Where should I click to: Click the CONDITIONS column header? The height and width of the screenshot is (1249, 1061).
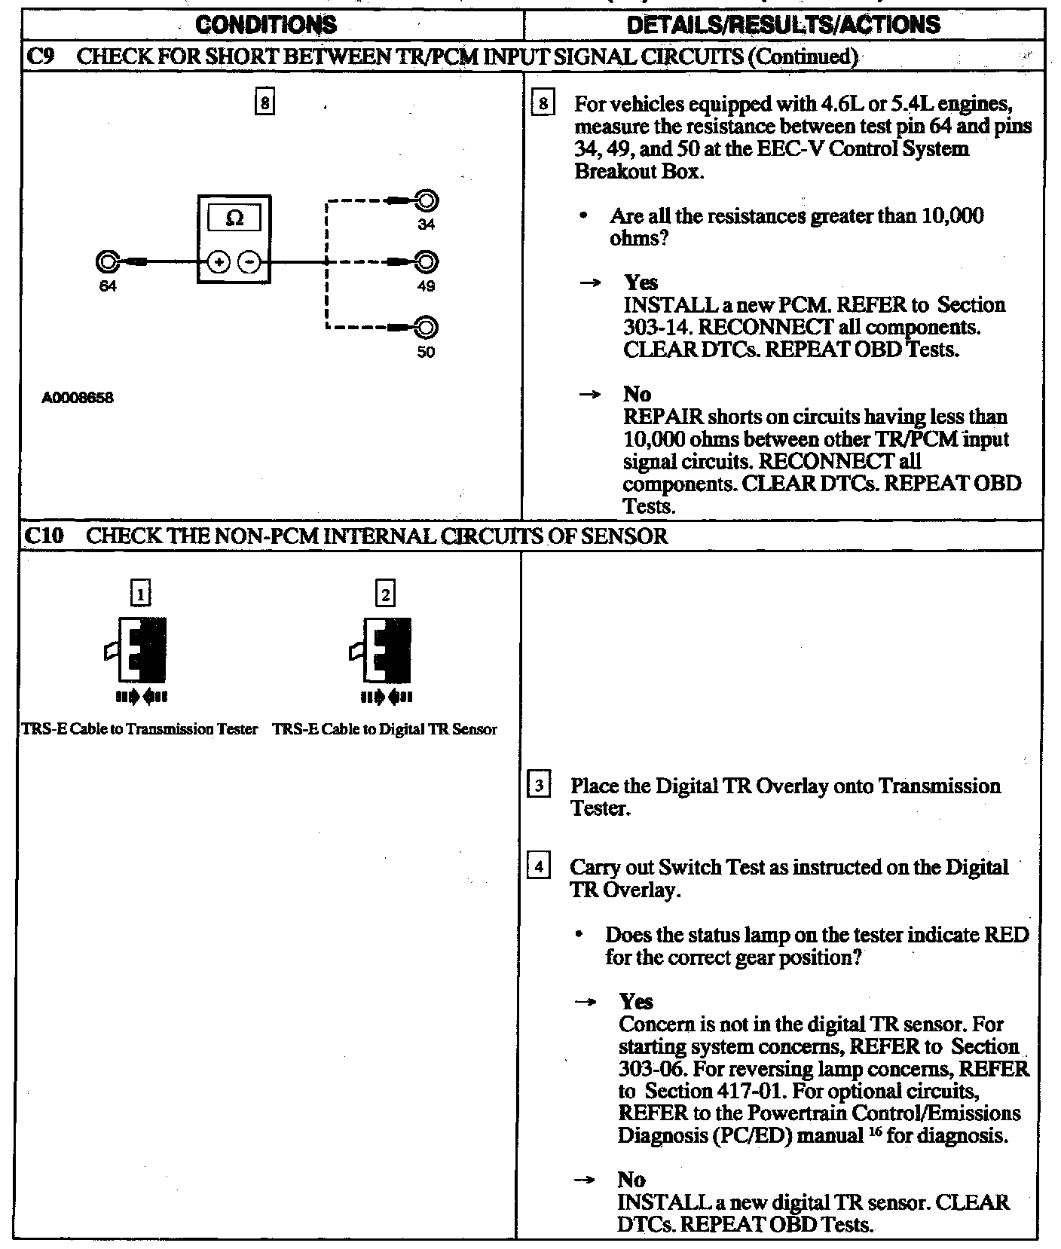point(268,25)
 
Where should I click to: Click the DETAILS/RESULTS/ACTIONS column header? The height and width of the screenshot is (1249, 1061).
point(784,25)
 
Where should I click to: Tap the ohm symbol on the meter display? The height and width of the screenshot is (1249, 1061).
point(234,218)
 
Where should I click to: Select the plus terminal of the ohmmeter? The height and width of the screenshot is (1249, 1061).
point(219,262)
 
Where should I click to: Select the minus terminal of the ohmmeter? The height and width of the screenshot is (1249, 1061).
point(249,262)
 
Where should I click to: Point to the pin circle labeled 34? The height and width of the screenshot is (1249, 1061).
point(427,201)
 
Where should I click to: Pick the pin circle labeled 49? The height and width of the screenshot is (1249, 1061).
point(427,262)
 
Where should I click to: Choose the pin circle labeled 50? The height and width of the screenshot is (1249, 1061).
point(427,328)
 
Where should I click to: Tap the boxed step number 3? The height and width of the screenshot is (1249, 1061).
point(539,786)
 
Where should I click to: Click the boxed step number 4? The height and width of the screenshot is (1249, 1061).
point(539,867)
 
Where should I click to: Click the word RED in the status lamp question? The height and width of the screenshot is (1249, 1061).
point(1007,935)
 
